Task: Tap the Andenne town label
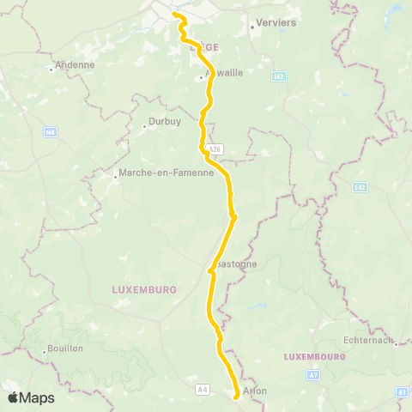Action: [x=75, y=64]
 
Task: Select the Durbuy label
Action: [x=164, y=122]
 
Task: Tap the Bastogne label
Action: [x=236, y=264]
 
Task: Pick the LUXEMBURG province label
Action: [x=144, y=290]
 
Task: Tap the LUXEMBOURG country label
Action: [x=314, y=355]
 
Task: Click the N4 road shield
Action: [x=51, y=132]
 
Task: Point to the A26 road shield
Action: [x=215, y=148]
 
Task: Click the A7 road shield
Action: [x=313, y=375]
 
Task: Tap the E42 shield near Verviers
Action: [x=279, y=76]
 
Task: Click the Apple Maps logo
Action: [x=31, y=397]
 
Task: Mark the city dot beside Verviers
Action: [x=251, y=26]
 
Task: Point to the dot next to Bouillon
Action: [x=44, y=351]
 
